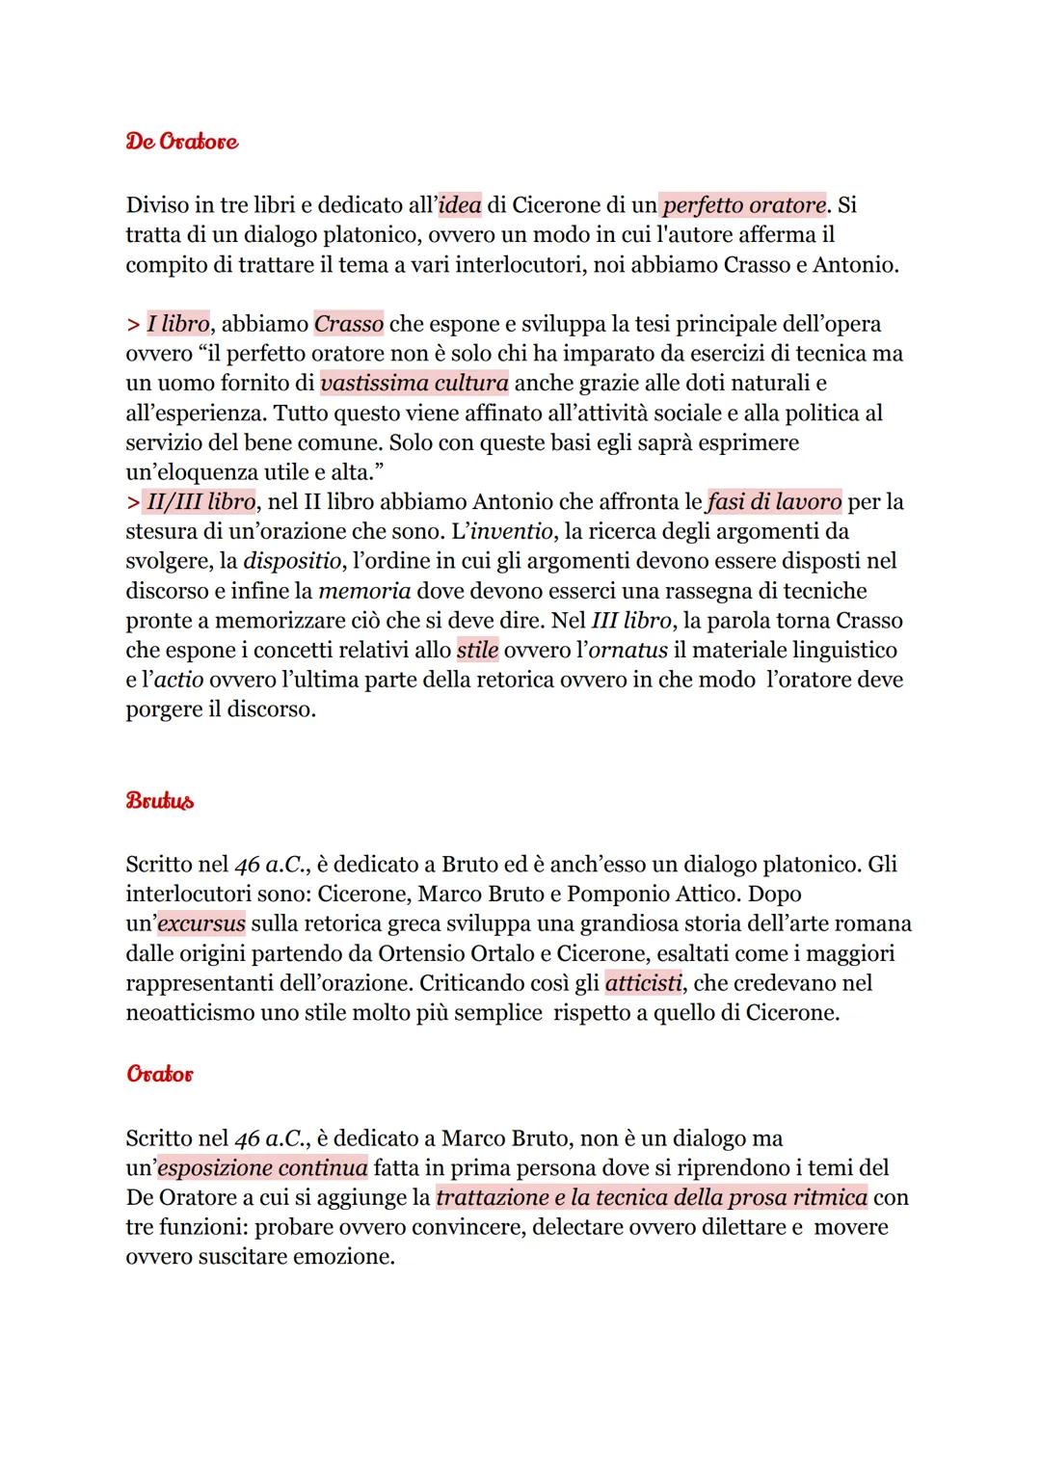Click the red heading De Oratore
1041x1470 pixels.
(x=181, y=142)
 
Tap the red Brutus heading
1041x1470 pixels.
(x=159, y=801)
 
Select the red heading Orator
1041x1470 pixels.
(x=159, y=1073)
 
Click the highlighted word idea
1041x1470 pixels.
(x=460, y=205)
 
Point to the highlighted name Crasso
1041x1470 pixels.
(x=349, y=324)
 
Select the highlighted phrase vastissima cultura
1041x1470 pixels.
(x=414, y=383)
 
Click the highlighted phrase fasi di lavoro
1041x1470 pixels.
(x=774, y=501)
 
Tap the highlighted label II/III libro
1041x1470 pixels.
(x=201, y=501)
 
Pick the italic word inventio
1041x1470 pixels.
(x=511, y=531)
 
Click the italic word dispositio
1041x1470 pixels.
(x=290, y=561)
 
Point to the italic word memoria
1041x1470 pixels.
(x=364, y=591)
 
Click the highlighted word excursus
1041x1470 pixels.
(x=201, y=923)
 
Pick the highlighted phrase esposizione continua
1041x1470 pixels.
(x=262, y=1168)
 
